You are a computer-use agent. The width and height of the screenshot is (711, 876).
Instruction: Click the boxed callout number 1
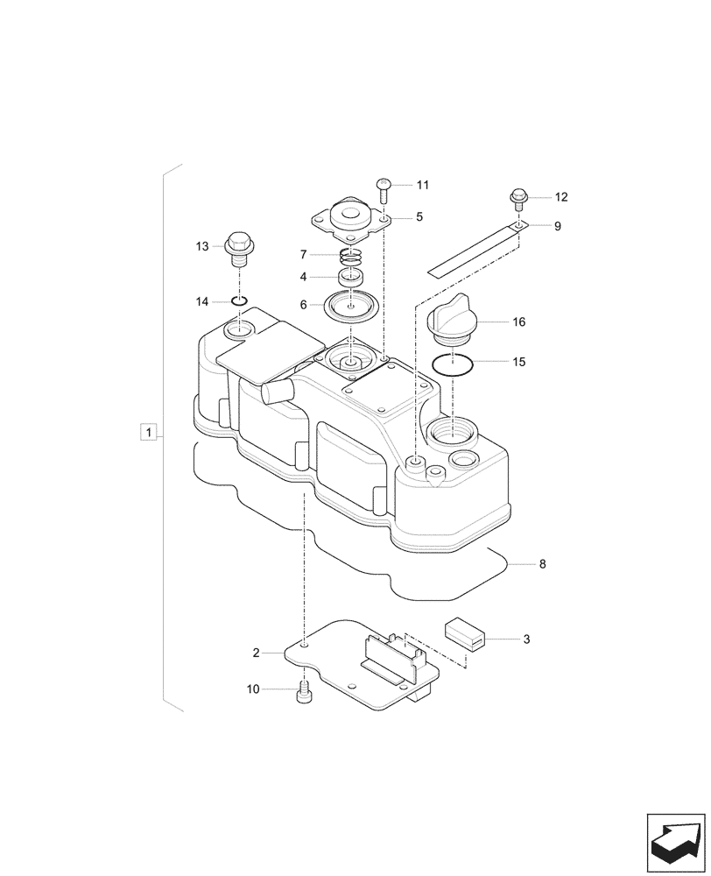click(x=150, y=432)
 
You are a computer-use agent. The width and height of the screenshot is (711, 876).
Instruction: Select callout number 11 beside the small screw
click(x=423, y=185)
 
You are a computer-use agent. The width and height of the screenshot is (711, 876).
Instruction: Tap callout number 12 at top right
click(x=561, y=197)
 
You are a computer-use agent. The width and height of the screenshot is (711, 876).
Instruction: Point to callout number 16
click(x=518, y=322)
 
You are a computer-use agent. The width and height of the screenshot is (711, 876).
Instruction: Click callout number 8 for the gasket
click(x=542, y=565)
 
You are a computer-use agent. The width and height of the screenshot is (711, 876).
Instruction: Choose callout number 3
click(x=526, y=640)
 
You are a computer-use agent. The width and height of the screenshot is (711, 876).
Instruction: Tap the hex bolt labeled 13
click(x=239, y=248)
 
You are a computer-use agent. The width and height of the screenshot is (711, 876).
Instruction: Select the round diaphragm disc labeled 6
click(x=349, y=307)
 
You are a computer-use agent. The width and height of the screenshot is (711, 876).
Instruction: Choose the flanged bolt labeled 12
click(x=518, y=199)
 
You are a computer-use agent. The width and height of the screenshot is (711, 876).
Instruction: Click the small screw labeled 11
click(x=384, y=187)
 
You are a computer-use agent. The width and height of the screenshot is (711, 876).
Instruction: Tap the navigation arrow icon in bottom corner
click(x=675, y=842)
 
